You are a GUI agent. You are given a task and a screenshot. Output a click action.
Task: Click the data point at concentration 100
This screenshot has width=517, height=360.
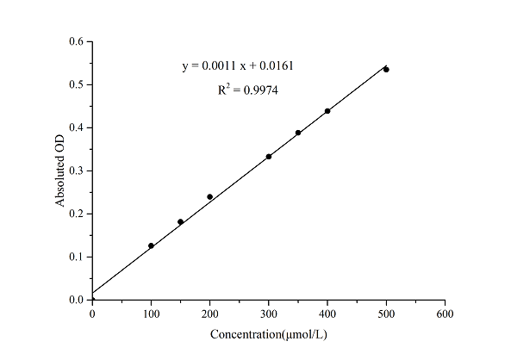[x=151, y=245]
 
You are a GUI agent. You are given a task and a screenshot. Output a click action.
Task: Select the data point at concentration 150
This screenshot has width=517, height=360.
[x=180, y=221]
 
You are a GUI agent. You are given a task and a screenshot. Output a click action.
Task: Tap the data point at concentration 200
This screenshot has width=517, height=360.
[x=209, y=196]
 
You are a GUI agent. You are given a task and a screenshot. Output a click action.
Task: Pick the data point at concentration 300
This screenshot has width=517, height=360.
[x=269, y=156]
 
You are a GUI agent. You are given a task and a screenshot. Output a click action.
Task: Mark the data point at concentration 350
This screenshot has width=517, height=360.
[x=298, y=133]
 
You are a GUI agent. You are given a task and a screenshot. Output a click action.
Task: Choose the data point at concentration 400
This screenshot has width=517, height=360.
[x=327, y=111]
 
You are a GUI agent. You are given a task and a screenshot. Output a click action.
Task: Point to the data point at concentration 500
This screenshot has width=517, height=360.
[x=386, y=69]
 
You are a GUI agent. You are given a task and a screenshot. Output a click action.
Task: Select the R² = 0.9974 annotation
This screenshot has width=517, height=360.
[x=247, y=89]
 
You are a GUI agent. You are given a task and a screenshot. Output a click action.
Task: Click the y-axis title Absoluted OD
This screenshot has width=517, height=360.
[x=61, y=171]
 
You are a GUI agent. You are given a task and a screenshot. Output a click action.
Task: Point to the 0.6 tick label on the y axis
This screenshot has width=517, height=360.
[x=77, y=41]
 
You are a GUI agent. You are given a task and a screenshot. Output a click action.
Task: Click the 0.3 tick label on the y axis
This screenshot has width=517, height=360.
[x=77, y=171]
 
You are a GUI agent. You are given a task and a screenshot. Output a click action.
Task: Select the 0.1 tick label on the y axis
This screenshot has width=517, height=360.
[x=77, y=257]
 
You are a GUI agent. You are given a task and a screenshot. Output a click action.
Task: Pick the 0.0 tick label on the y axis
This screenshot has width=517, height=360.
[x=77, y=300]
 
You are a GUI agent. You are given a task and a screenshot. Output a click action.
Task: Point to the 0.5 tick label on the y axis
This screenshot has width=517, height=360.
[x=77, y=84]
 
